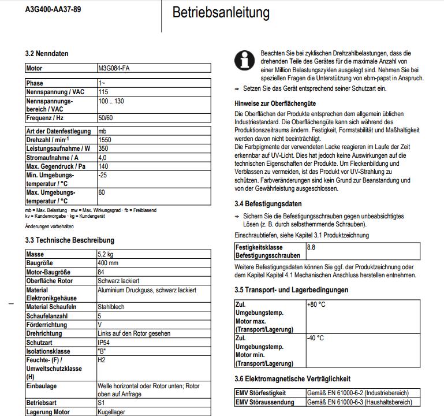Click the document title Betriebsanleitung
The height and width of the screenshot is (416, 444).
click(x=212, y=12)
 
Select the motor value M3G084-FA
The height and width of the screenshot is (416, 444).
click(x=114, y=68)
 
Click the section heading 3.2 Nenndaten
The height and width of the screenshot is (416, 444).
click(x=47, y=54)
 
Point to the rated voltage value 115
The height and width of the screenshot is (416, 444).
click(x=103, y=92)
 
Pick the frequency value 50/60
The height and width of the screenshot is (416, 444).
click(x=106, y=118)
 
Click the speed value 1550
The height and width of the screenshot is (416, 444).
click(x=105, y=140)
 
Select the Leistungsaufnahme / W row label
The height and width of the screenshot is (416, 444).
click(x=58, y=148)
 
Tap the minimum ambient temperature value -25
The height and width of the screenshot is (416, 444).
click(x=103, y=174)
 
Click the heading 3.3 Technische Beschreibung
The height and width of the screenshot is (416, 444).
click(x=70, y=240)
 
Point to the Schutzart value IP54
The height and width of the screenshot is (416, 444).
click(x=105, y=343)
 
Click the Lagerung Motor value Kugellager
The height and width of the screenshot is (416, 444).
click(x=111, y=412)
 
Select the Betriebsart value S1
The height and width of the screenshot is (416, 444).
click(x=102, y=403)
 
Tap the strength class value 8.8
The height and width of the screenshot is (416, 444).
click(x=311, y=247)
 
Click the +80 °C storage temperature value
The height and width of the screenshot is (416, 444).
click(x=316, y=304)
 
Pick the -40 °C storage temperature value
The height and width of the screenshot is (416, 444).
click(x=315, y=338)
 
